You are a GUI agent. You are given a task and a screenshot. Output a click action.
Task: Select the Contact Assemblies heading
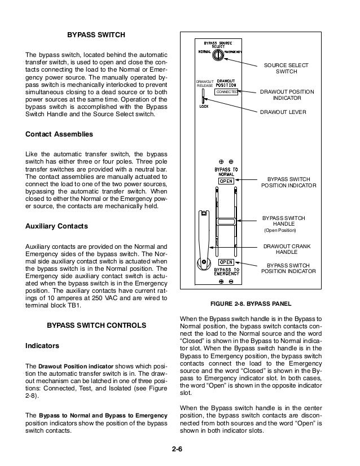(59, 134)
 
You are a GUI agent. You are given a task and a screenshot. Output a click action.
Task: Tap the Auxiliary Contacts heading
(57, 226)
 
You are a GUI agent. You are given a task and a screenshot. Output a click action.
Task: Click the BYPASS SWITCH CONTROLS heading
(96, 326)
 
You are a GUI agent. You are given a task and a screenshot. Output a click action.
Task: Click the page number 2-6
(179, 449)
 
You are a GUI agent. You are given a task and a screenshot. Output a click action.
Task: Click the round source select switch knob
(217, 55)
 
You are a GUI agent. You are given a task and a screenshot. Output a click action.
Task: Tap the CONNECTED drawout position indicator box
(227, 91)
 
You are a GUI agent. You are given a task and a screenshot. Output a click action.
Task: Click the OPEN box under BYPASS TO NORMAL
(226, 181)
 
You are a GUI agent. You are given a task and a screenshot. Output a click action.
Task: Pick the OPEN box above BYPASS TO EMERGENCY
(226, 262)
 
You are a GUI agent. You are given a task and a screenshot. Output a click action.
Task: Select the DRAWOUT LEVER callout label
(283, 112)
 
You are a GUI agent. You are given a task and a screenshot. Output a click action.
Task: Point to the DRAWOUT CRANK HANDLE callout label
(288, 250)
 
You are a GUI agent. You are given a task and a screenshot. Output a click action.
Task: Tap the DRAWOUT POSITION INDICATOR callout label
(287, 95)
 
